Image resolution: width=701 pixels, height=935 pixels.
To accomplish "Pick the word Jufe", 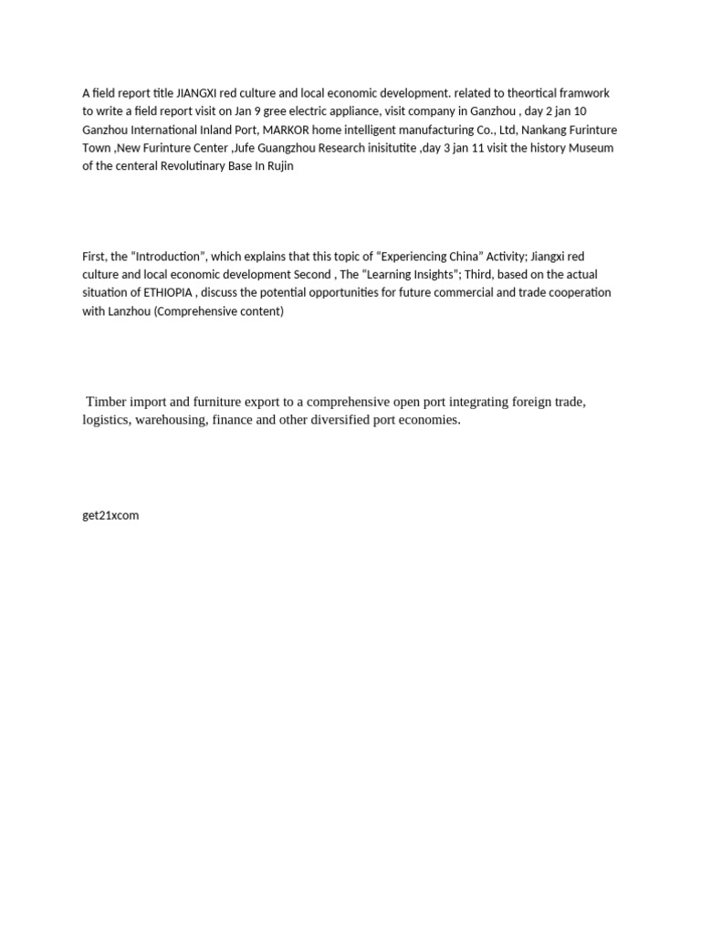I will click(247, 148).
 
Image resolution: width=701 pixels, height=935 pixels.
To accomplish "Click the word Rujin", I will click(277, 166).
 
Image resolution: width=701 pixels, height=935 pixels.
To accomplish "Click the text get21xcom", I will click(110, 515).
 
